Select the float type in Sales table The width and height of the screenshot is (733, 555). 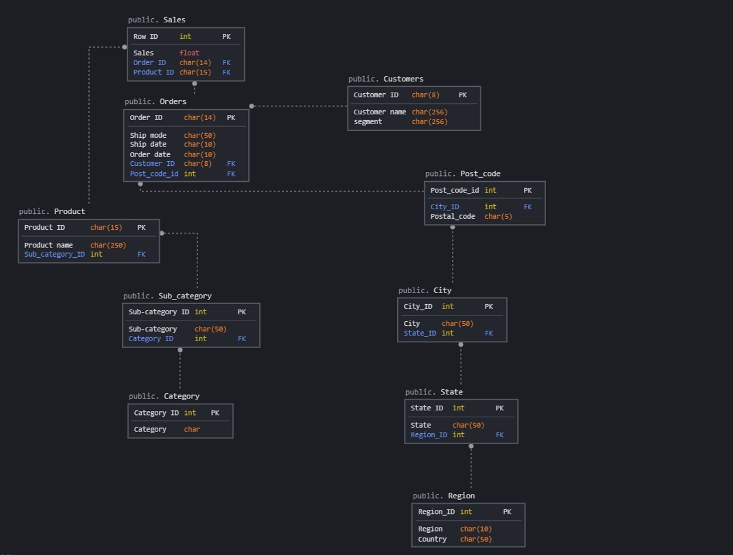[x=189, y=53]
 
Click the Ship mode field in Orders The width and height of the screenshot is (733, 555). [x=148, y=135]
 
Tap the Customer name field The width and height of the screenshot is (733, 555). [x=379, y=112]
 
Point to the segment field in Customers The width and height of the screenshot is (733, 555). [x=368, y=122]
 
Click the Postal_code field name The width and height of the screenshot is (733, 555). [x=452, y=217]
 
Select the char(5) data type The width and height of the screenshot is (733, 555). [x=498, y=217]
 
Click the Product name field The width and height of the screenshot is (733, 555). [x=49, y=245]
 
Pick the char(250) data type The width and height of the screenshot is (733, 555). [x=108, y=245]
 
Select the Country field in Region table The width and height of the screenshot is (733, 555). [x=432, y=540]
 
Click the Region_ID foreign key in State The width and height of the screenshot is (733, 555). [x=428, y=435]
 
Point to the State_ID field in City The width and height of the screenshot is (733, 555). [x=420, y=333]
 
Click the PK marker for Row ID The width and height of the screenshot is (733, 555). [x=226, y=37]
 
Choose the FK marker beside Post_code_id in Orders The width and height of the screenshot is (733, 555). [x=231, y=174]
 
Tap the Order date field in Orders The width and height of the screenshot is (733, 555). [x=150, y=154]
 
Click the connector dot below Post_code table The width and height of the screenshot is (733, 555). [x=452, y=227]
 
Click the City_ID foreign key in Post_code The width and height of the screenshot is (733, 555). [x=444, y=207]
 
